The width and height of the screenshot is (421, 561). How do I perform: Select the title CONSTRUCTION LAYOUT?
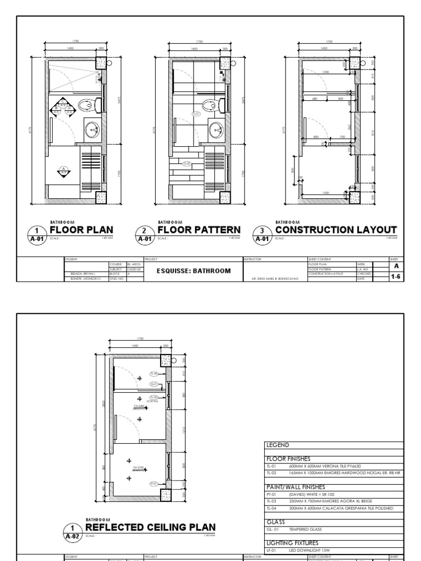335,230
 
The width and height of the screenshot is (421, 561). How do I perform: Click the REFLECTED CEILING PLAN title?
155,527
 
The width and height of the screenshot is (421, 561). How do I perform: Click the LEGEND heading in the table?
277,445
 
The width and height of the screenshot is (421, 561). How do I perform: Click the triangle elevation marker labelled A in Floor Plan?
64,170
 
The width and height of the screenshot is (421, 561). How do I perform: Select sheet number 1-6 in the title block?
395,277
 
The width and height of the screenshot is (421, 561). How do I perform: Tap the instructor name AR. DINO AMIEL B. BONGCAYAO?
275,279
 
